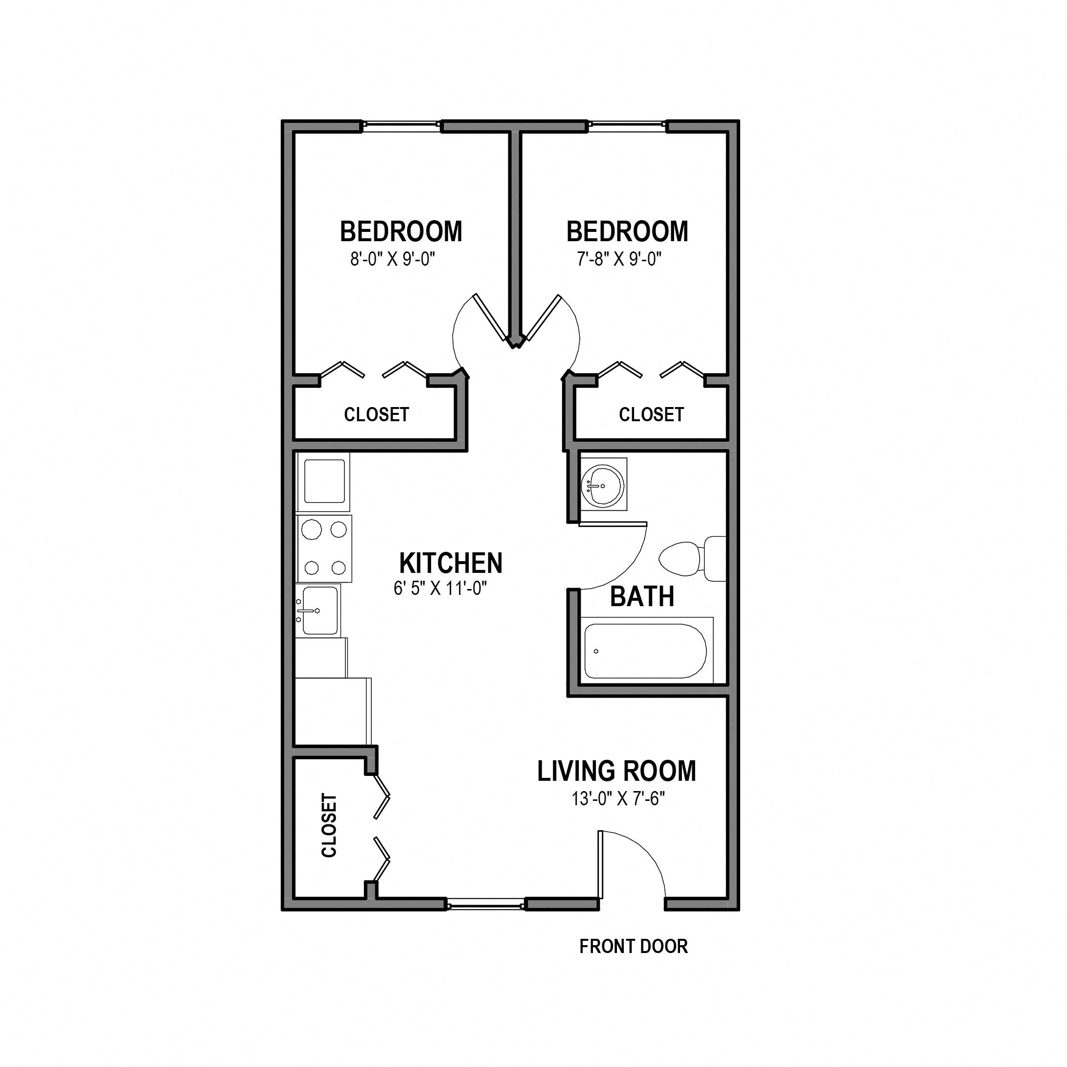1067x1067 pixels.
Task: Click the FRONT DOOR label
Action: (x=634, y=946)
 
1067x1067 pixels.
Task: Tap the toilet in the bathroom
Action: (x=693, y=558)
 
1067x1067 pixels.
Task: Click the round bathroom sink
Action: (x=603, y=485)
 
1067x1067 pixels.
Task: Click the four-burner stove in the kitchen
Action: (x=324, y=548)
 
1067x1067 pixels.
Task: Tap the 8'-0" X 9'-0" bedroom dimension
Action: (x=393, y=259)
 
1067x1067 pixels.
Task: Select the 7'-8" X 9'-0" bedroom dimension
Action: (x=619, y=259)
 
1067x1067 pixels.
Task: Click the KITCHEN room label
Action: (x=451, y=563)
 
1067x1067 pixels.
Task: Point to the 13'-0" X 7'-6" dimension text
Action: (x=617, y=798)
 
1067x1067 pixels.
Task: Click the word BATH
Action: (x=642, y=597)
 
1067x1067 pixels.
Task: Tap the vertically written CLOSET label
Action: (x=329, y=826)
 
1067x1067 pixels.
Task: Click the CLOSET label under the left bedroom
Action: (x=376, y=414)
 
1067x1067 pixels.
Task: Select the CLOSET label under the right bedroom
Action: (x=651, y=414)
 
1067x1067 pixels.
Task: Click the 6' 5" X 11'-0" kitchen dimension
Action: (x=440, y=589)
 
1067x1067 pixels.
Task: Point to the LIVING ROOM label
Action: (x=616, y=772)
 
